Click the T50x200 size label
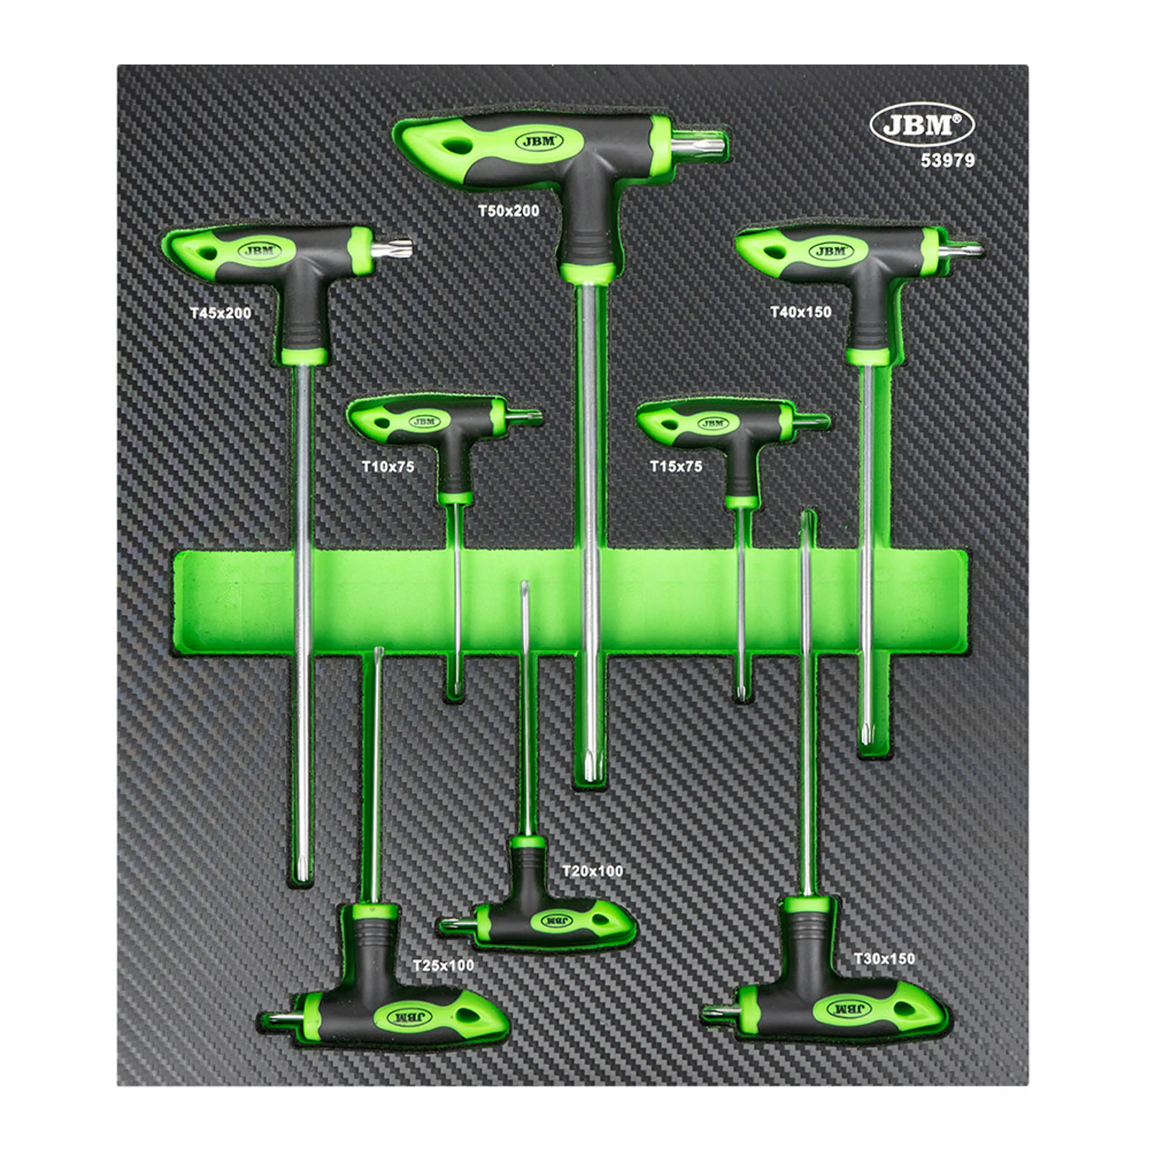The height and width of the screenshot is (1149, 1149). (x=508, y=211)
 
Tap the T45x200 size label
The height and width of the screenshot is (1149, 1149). (x=221, y=313)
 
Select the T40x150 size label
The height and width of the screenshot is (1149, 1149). (x=800, y=312)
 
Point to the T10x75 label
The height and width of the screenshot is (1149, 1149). (x=388, y=467)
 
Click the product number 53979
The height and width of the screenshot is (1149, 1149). (x=948, y=161)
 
